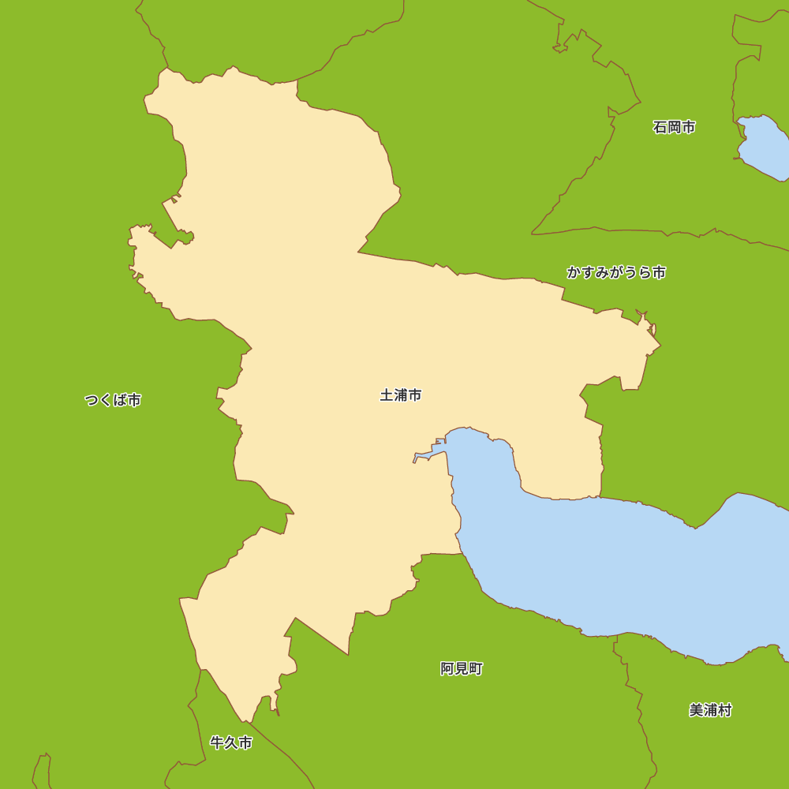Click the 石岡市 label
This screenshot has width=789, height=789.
[x=674, y=127]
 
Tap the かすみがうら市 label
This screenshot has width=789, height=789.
[x=615, y=272]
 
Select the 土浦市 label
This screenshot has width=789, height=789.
[x=400, y=395]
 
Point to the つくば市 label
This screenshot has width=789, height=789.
[x=113, y=400]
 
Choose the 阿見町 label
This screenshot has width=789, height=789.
[x=461, y=669]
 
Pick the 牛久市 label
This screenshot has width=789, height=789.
[x=231, y=742]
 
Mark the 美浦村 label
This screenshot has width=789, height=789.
[x=710, y=710]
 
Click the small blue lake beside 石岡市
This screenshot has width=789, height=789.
[x=764, y=147]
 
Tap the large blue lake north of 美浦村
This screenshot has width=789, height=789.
[x=623, y=568]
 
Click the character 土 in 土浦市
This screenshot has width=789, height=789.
[x=387, y=395]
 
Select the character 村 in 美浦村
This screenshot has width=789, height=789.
[x=724, y=710]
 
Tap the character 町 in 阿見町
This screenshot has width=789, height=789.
[x=475, y=669]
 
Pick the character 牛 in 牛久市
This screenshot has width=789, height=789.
[x=217, y=742]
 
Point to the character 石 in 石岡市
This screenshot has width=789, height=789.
[x=660, y=127]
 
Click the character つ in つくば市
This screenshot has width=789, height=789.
[x=92, y=400]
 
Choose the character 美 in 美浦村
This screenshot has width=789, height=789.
[x=696, y=710]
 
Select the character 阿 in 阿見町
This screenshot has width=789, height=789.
[x=447, y=669]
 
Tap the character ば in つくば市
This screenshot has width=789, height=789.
[x=120, y=400]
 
